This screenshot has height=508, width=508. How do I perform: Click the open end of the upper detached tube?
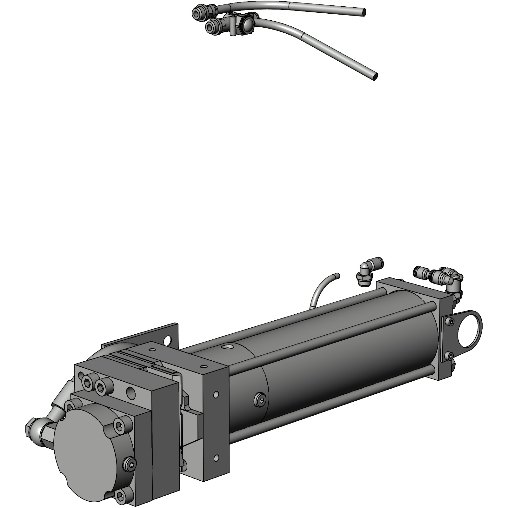pyautogui.click(x=364, y=12)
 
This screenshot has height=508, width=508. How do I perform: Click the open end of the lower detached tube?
pyautogui.click(x=376, y=77)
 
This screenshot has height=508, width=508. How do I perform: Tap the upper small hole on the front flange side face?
pyautogui.click(x=216, y=395)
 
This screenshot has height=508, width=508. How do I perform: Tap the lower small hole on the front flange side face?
pyautogui.click(x=216, y=458)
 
